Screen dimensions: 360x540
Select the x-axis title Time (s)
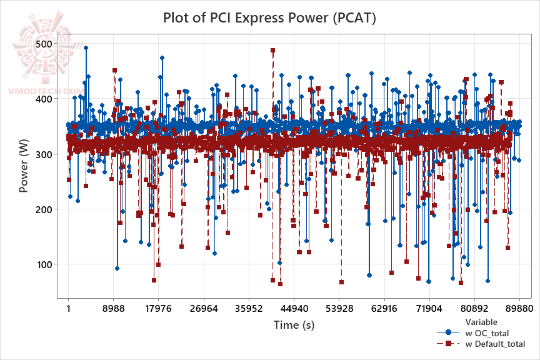click(294, 325)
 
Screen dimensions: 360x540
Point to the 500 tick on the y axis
click(45, 44)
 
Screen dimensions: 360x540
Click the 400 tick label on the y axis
click(45, 99)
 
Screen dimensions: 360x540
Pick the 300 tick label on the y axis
click(45, 154)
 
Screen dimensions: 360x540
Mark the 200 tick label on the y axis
click(45, 209)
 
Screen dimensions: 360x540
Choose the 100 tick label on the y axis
click(45, 264)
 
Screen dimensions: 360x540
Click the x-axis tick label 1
click(68, 309)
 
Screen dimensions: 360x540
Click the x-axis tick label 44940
click(294, 309)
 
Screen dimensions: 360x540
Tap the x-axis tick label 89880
click(519, 309)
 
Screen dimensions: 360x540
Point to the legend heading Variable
click(481, 322)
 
